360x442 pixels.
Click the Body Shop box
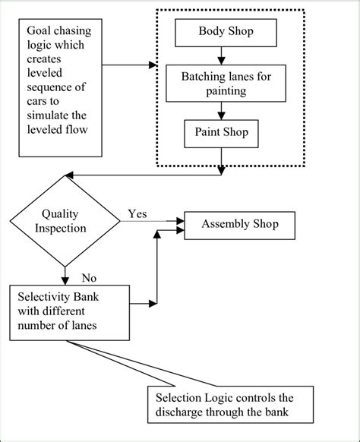(219, 32)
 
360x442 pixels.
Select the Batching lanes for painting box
(219, 83)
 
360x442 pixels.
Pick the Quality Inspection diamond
(65, 221)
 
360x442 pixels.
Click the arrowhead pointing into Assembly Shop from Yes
(180, 223)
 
